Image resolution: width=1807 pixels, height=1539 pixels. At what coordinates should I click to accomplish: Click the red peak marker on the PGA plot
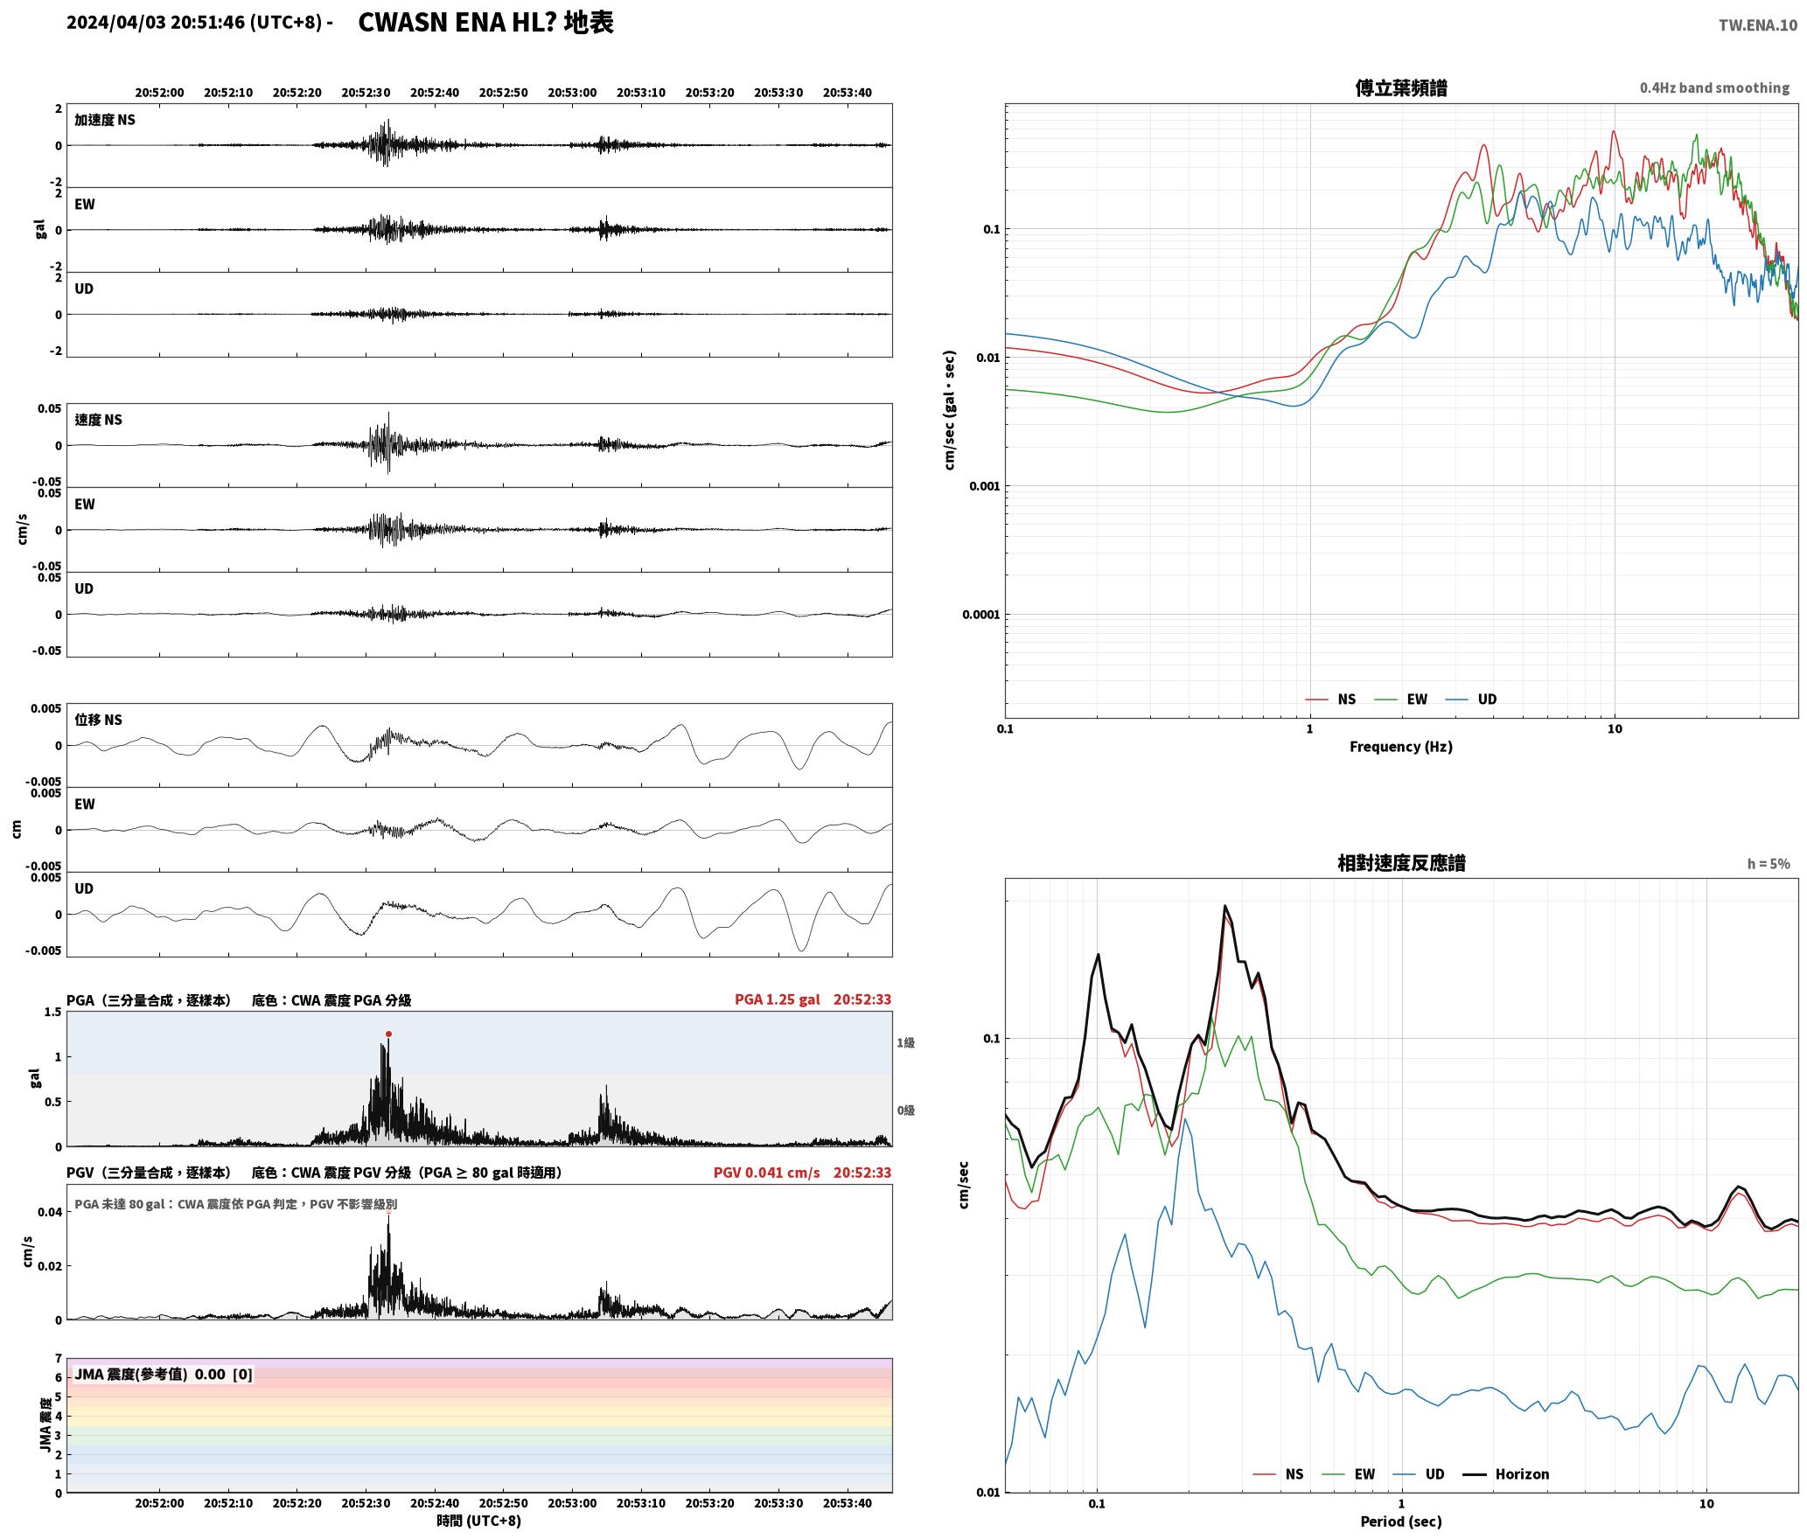pyautogui.click(x=388, y=1034)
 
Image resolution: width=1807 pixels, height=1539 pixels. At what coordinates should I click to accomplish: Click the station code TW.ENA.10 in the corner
pyautogui.click(x=1757, y=25)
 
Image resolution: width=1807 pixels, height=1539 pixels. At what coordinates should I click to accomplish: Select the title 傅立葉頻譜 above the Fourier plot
pyautogui.click(x=1400, y=88)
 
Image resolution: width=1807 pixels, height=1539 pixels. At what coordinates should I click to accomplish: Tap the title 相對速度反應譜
pyautogui.click(x=1401, y=863)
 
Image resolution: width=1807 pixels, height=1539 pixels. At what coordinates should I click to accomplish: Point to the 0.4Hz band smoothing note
pyautogui.click(x=1714, y=88)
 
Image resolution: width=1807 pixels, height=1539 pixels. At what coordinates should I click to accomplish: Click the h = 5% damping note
pyautogui.click(x=1769, y=864)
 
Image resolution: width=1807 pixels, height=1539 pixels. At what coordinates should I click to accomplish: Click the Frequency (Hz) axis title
pyautogui.click(x=1400, y=747)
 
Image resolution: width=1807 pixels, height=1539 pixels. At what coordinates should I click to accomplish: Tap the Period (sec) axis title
pyautogui.click(x=1400, y=1522)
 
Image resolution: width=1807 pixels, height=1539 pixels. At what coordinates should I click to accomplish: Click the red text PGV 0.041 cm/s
pyautogui.click(x=766, y=1173)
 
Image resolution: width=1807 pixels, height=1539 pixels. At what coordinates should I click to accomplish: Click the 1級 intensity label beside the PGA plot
pyautogui.click(x=905, y=1042)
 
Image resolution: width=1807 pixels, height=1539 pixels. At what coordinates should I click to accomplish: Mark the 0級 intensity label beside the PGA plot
pyautogui.click(x=905, y=1111)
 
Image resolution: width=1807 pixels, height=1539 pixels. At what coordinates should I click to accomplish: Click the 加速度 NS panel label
pyautogui.click(x=105, y=120)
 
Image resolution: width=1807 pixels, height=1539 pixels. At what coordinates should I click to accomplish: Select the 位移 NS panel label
pyautogui.click(x=98, y=720)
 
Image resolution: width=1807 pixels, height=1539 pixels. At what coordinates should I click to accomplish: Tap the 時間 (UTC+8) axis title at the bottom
pyautogui.click(x=478, y=1521)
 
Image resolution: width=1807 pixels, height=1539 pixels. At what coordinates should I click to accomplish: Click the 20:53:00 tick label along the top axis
pyautogui.click(x=572, y=93)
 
